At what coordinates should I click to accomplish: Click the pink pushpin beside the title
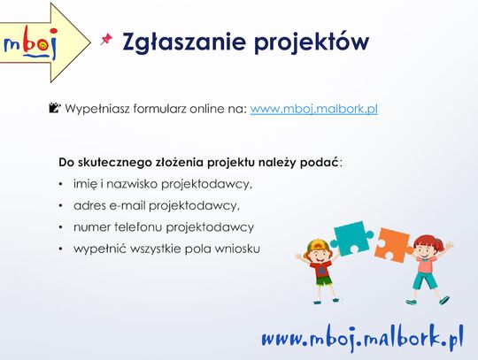click(106, 39)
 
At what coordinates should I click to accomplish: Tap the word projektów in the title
click(312, 43)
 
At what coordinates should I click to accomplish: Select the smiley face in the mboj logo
click(42, 45)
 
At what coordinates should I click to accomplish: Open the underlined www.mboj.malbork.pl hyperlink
click(314, 109)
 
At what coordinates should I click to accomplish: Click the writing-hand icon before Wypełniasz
click(55, 108)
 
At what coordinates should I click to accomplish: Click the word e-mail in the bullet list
click(127, 205)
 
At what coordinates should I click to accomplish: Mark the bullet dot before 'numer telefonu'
click(61, 227)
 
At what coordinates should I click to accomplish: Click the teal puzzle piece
click(353, 238)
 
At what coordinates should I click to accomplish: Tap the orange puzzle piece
click(393, 246)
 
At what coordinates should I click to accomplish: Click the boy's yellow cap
click(317, 244)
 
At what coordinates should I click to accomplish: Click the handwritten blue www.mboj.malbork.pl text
click(362, 338)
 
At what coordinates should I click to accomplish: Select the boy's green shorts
click(323, 280)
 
